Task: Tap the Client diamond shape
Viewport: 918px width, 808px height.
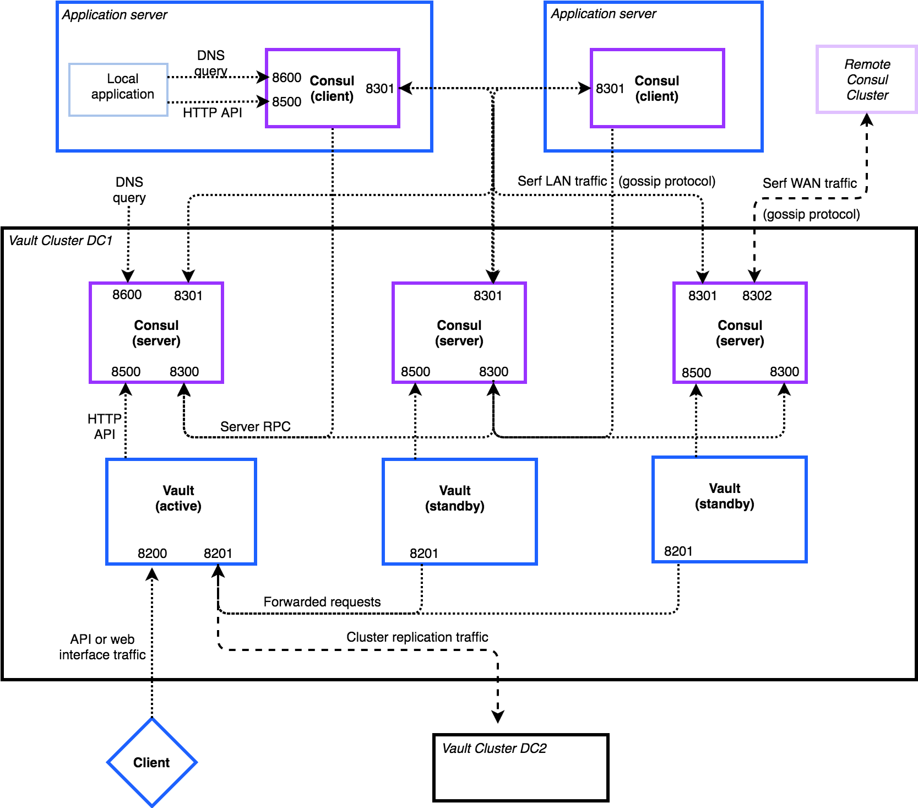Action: pos(151,762)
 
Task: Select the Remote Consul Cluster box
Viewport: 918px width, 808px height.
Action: pos(866,80)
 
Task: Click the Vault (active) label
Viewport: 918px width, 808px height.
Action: pos(178,498)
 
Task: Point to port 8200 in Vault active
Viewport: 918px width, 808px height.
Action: pos(152,553)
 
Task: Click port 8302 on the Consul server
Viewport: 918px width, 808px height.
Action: pos(757,296)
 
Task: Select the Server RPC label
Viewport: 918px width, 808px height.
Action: pos(255,426)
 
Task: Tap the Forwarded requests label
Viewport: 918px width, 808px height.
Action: pos(322,601)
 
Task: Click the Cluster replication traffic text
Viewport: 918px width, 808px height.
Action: pos(417,637)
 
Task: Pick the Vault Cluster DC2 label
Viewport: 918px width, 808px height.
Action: pos(494,748)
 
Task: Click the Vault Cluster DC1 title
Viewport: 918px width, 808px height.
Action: pos(61,241)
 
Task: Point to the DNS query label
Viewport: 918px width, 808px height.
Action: pos(211,63)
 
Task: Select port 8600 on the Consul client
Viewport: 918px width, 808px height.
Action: pos(286,78)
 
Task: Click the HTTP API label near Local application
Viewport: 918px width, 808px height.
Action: pos(212,113)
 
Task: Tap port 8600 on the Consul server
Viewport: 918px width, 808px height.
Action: pos(127,295)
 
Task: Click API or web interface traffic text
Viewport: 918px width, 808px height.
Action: pos(102,647)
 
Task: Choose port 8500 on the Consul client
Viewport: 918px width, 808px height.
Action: pos(286,102)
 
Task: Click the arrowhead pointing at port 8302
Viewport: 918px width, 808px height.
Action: pos(754,276)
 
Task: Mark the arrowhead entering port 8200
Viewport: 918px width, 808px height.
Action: pos(152,574)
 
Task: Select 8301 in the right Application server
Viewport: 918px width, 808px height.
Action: pos(610,89)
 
